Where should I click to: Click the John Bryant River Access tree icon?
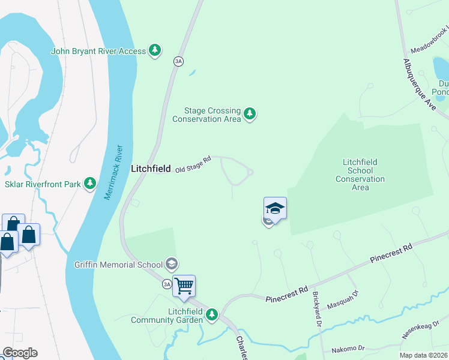155,51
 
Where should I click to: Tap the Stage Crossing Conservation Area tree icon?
250,113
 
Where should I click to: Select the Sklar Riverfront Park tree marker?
90,183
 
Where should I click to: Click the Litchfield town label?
151,169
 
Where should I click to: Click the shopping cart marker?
184,286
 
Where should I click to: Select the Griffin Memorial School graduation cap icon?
172,264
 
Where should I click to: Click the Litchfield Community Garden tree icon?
211,314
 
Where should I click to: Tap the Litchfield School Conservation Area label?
360,175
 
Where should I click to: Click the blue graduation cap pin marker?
275,208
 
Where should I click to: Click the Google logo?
20,353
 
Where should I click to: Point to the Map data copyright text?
424,355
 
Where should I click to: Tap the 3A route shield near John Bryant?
178,61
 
